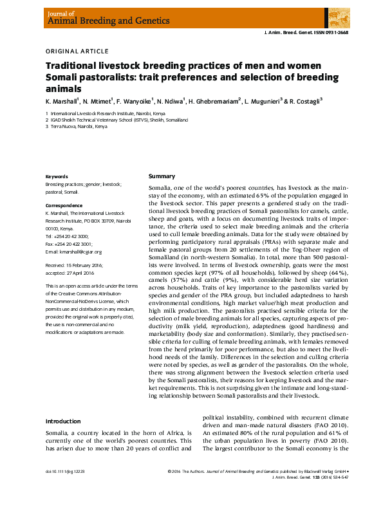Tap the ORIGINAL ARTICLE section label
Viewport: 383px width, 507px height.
[77, 51]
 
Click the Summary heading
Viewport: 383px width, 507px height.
[162, 176]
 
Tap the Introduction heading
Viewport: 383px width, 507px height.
[62, 421]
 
